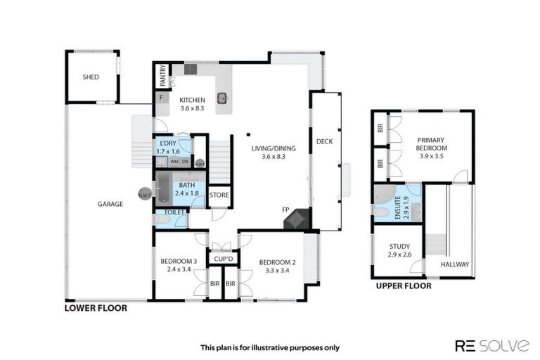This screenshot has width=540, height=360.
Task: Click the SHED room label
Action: coord(91,77)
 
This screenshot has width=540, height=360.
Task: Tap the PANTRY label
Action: coord(162,75)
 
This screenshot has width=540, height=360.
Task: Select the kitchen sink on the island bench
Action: coord(223,98)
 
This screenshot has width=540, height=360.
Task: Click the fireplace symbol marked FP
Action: coord(295,219)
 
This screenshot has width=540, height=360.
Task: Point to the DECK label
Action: coord(324,141)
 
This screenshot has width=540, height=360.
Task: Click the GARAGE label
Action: coord(110,205)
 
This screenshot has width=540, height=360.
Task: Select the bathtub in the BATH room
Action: coord(164,188)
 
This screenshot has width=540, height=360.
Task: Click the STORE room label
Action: coord(219,195)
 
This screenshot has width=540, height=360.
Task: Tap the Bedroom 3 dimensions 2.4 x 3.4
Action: coord(179,269)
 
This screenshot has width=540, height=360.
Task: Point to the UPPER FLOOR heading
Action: coord(403,286)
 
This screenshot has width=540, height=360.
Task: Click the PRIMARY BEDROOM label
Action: coord(431,144)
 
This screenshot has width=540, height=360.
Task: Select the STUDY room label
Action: coord(398,246)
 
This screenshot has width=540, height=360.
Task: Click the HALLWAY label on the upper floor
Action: coord(456,264)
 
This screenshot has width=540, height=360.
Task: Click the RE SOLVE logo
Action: coord(491,345)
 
